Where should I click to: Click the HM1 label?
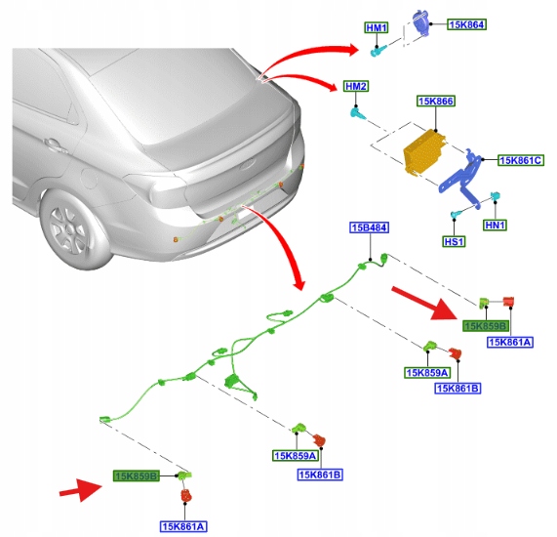(377, 27)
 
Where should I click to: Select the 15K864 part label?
(466, 24)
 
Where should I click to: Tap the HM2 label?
(356, 87)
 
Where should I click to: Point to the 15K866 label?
(435, 101)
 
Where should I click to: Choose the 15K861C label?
(520, 160)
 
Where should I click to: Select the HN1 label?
(495, 226)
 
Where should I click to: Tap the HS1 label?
(454, 242)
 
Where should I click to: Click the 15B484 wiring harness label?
(370, 227)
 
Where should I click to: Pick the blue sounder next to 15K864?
(421, 22)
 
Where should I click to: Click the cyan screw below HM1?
(377, 52)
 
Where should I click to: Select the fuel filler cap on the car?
(89, 178)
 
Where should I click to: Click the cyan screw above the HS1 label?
(456, 214)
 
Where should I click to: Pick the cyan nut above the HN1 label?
(496, 196)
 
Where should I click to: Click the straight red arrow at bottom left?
(81, 490)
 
